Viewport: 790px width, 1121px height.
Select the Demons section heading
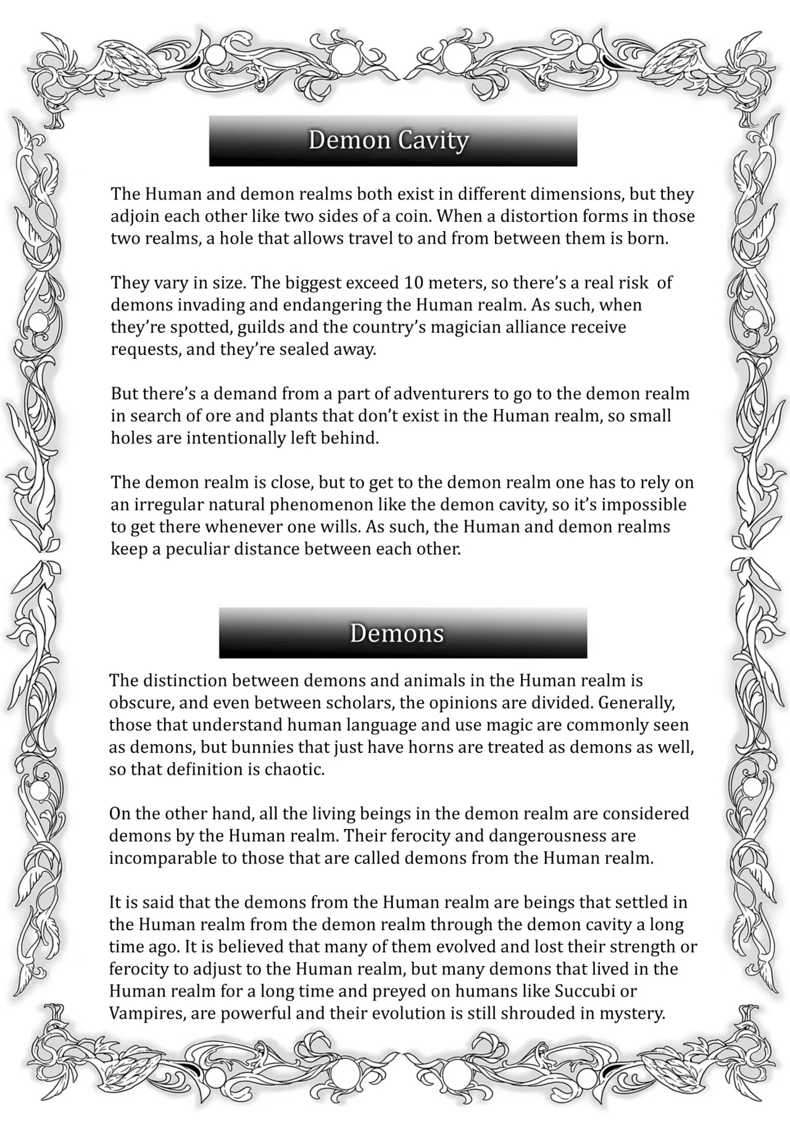(x=397, y=634)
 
